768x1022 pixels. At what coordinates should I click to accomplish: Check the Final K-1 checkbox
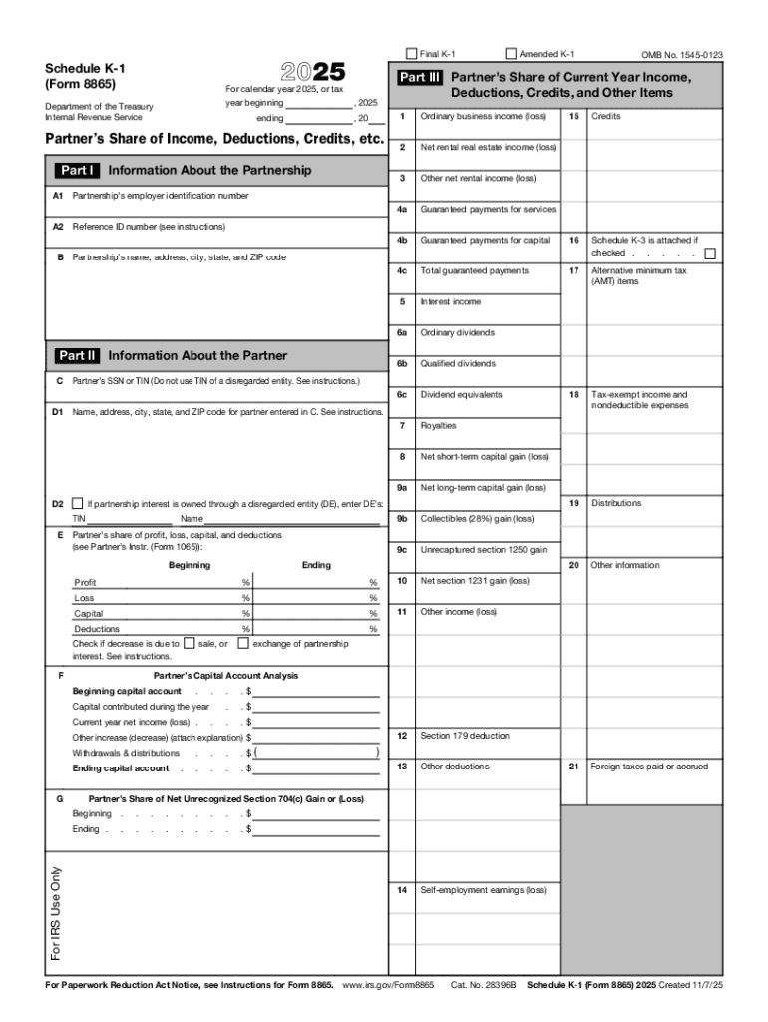pyautogui.click(x=411, y=54)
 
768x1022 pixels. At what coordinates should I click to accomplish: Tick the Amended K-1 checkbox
pyautogui.click(x=512, y=54)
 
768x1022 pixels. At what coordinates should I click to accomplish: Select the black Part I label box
pyautogui.click(x=76, y=171)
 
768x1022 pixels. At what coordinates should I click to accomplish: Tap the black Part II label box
pyautogui.click(x=77, y=356)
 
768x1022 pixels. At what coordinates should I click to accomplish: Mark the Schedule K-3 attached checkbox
pyautogui.click(x=709, y=254)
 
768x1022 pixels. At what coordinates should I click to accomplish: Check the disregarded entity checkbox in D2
pyautogui.click(x=78, y=504)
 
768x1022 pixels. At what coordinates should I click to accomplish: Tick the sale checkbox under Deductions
pyautogui.click(x=190, y=644)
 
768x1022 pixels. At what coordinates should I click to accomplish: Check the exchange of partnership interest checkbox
pyautogui.click(x=243, y=644)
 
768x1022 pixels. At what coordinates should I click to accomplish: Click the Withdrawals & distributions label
pyautogui.click(x=126, y=753)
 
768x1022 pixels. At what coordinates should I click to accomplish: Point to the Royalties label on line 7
pyautogui.click(x=438, y=426)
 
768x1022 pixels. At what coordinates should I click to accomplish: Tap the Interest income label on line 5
pyautogui.click(x=450, y=302)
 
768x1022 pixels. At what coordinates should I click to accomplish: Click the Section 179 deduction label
pyautogui.click(x=464, y=736)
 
